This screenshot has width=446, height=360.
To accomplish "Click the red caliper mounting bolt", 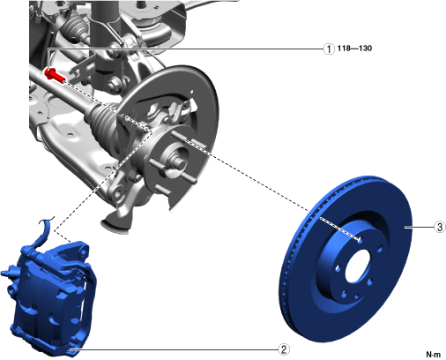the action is [x=55, y=75].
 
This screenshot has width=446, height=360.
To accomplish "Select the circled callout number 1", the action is [x=329, y=49].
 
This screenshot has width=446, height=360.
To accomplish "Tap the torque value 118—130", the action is [x=354, y=49].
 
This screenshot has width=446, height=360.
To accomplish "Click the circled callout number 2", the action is [x=284, y=349].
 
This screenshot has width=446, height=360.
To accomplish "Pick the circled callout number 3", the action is [x=440, y=227].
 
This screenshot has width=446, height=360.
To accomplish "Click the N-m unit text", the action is [x=434, y=355].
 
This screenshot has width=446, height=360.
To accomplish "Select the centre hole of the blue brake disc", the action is [x=357, y=267].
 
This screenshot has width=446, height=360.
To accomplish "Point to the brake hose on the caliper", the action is [x=42, y=232].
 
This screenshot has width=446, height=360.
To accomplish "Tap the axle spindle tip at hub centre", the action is [x=180, y=162].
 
